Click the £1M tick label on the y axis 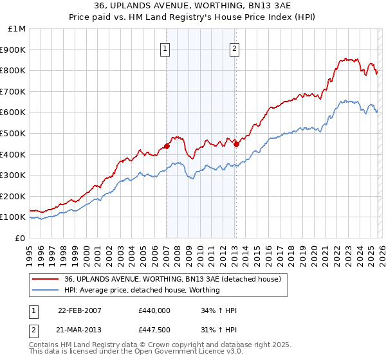(17, 29)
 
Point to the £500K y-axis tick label (14, 133)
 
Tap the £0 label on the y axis (21, 238)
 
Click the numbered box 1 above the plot (166, 48)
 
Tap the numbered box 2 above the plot (235, 48)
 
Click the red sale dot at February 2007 (167, 146)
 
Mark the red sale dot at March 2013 (236, 144)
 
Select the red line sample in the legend (46, 279)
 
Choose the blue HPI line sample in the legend (46, 290)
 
